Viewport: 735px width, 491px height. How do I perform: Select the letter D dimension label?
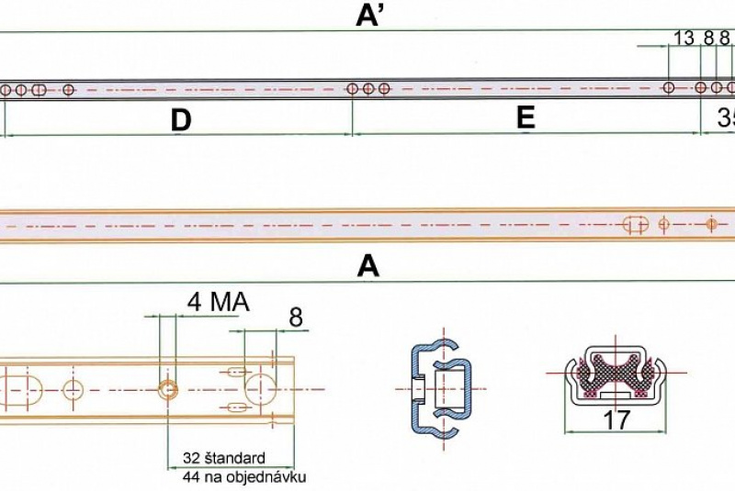tap(181, 119)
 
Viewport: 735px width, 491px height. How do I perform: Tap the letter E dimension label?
tap(526, 117)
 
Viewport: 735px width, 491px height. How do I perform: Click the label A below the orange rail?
tap(368, 266)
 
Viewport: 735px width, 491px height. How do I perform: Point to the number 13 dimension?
tap(684, 38)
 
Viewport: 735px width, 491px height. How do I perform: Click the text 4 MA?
tap(219, 302)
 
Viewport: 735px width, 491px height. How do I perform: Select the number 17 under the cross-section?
tap(616, 420)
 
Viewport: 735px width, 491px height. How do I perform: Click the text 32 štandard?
tap(223, 458)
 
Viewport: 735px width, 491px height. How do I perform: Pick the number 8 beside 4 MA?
tap(296, 318)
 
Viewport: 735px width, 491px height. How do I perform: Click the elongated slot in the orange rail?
tap(636, 224)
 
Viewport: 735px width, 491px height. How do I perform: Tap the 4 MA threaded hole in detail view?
tap(168, 389)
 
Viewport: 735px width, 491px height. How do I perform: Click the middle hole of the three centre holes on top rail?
tap(367, 89)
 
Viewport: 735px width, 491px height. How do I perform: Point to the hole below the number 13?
tap(669, 88)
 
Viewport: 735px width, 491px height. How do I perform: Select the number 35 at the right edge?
tap(726, 118)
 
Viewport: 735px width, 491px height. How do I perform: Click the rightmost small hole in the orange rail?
tap(710, 223)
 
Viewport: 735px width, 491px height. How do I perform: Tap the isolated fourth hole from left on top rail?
tap(68, 90)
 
